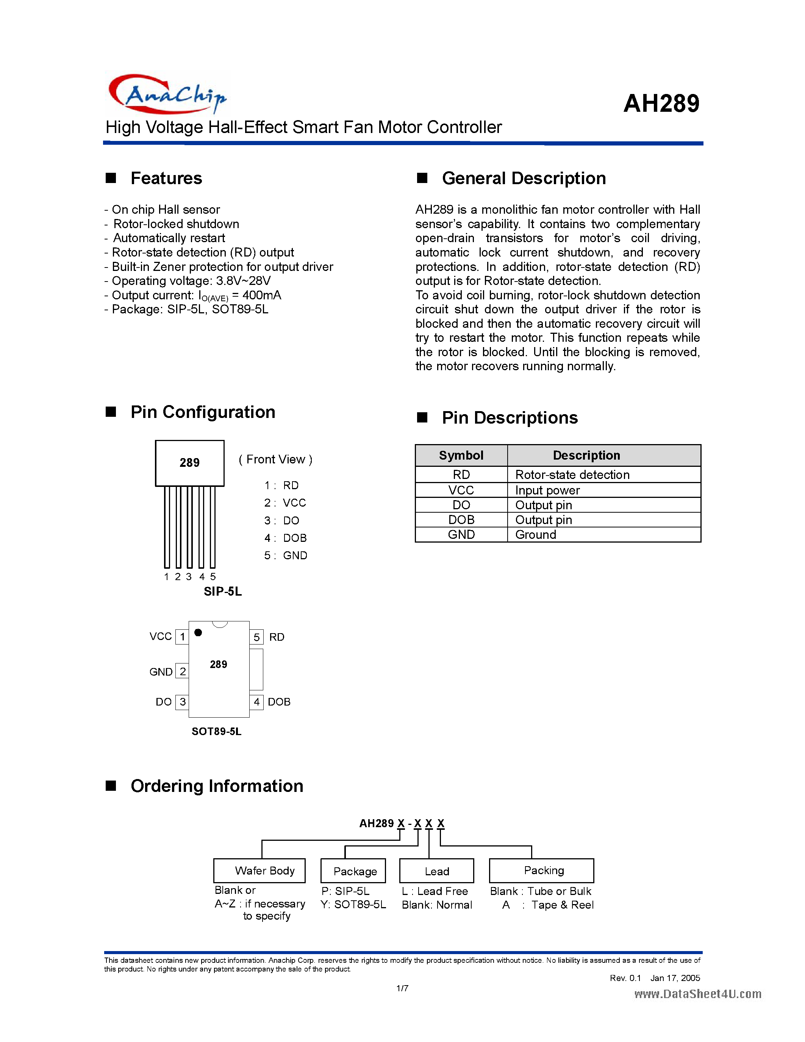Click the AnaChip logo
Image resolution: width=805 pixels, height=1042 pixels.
coord(167,94)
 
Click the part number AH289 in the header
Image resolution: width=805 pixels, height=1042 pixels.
coord(661,103)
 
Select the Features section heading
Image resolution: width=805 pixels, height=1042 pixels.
coord(166,178)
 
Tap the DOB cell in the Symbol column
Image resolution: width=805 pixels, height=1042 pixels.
coord(461,519)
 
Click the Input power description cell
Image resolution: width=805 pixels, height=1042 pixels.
coord(547,490)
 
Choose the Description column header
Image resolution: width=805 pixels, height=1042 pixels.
coord(586,455)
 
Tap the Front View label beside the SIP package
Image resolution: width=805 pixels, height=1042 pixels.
coord(275,460)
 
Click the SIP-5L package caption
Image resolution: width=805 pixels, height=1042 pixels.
coord(223,591)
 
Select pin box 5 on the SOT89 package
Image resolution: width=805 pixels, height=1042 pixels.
coord(256,637)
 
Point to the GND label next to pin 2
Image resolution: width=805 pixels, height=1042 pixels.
coord(161,672)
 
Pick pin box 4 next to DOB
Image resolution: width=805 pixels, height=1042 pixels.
coord(256,702)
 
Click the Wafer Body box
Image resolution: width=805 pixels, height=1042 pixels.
coord(259,871)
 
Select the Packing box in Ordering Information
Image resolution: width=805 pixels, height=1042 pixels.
coord(541,871)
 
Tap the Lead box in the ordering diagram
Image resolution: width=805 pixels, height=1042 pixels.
coord(436,871)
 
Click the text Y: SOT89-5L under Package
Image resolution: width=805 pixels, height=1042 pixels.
coord(353,904)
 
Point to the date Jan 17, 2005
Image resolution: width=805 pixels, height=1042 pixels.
coord(675,978)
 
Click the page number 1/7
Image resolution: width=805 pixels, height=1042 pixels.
coord(402,988)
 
